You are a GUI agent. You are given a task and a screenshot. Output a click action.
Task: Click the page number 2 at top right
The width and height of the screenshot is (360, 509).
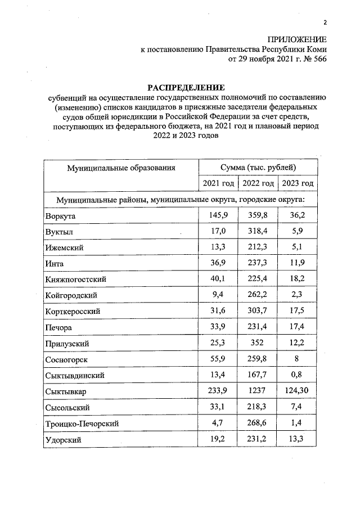click(x=325, y=22)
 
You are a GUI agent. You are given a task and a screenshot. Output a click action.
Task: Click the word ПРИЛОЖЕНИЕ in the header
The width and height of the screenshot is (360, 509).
click(x=297, y=39)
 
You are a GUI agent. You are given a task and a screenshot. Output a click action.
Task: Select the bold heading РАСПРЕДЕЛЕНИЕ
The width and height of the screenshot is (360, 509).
click(x=186, y=88)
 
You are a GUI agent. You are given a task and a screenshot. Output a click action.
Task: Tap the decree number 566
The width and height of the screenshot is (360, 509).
click(x=319, y=58)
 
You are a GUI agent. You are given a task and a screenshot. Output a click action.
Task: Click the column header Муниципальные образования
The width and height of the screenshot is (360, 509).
click(x=121, y=168)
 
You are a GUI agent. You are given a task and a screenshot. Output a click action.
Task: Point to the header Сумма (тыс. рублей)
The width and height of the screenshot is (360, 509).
click(x=258, y=168)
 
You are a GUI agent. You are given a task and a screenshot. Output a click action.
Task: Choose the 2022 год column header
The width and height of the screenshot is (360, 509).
click(x=258, y=184)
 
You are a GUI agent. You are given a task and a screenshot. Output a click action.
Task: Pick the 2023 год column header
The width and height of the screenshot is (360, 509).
click(x=297, y=184)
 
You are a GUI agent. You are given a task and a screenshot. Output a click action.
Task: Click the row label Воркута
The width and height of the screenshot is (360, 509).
click(x=61, y=216)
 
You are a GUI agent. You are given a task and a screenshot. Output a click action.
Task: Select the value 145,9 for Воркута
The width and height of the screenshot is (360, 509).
click(x=218, y=215)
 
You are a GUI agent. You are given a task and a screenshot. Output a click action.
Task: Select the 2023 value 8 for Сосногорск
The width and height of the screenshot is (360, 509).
click(x=297, y=359)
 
